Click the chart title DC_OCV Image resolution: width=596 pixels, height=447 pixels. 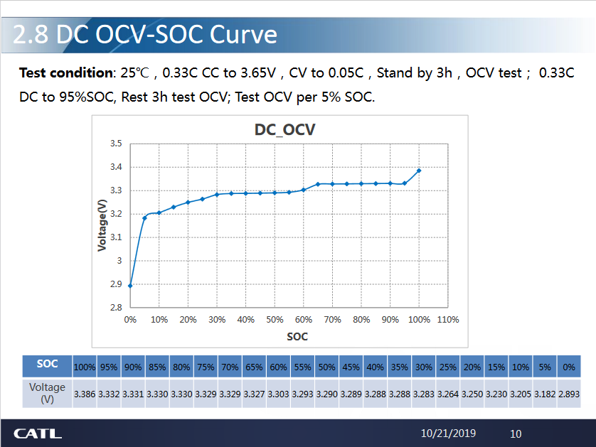[x=284, y=130]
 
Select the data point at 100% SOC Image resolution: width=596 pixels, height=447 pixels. [x=419, y=171]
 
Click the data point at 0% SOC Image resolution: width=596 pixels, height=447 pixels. [x=130, y=286]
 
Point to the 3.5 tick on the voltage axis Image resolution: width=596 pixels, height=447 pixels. [x=116, y=144]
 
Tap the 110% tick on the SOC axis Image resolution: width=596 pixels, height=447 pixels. [x=447, y=320]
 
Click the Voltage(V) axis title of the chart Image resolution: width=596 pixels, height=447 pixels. [x=102, y=225]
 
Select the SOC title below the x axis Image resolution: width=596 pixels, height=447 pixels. [x=297, y=336]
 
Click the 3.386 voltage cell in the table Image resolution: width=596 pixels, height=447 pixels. [x=85, y=393]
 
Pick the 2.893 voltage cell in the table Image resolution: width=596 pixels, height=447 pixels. [x=568, y=393]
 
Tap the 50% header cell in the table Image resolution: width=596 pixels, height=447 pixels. [x=326, y=367]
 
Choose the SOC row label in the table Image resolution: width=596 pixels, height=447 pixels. [x=47, y=364]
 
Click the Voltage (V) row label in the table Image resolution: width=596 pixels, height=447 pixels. [x=47, y=393]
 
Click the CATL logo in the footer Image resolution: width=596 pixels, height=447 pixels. [x=38, y=433]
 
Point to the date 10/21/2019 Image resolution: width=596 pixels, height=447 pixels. [x=448, y=433]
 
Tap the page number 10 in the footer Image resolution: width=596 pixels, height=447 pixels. [x=516, y=433]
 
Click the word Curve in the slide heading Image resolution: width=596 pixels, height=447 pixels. [x=243, y=35]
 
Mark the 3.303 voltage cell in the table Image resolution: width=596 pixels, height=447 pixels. [x=278, y=393]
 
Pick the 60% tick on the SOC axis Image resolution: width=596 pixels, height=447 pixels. [x=303, y=320]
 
